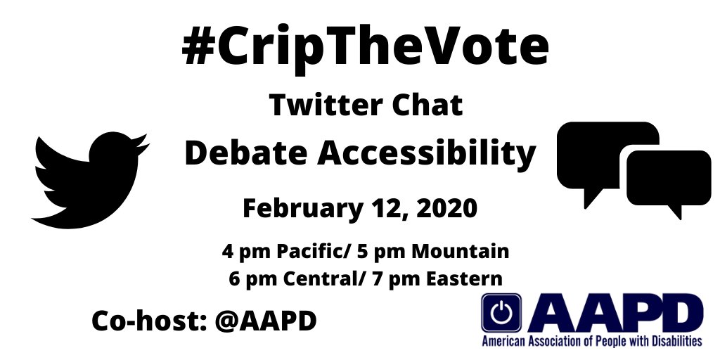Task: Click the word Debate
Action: (x=242, y=154)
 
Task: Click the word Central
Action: (x=307, y=278)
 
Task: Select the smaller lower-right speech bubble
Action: (x=668, y=179)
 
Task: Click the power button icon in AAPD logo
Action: (x=501, y=315)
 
